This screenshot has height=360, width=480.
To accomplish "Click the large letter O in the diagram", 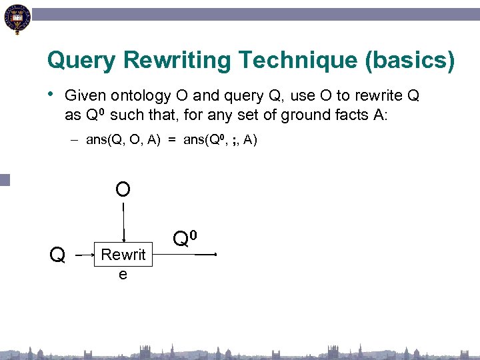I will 123,189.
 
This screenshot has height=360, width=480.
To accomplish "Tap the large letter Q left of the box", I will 58,254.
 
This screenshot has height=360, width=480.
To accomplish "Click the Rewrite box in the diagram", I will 123,254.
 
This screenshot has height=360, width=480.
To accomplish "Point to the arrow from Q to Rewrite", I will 84,255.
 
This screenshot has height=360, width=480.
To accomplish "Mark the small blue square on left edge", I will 5,179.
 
